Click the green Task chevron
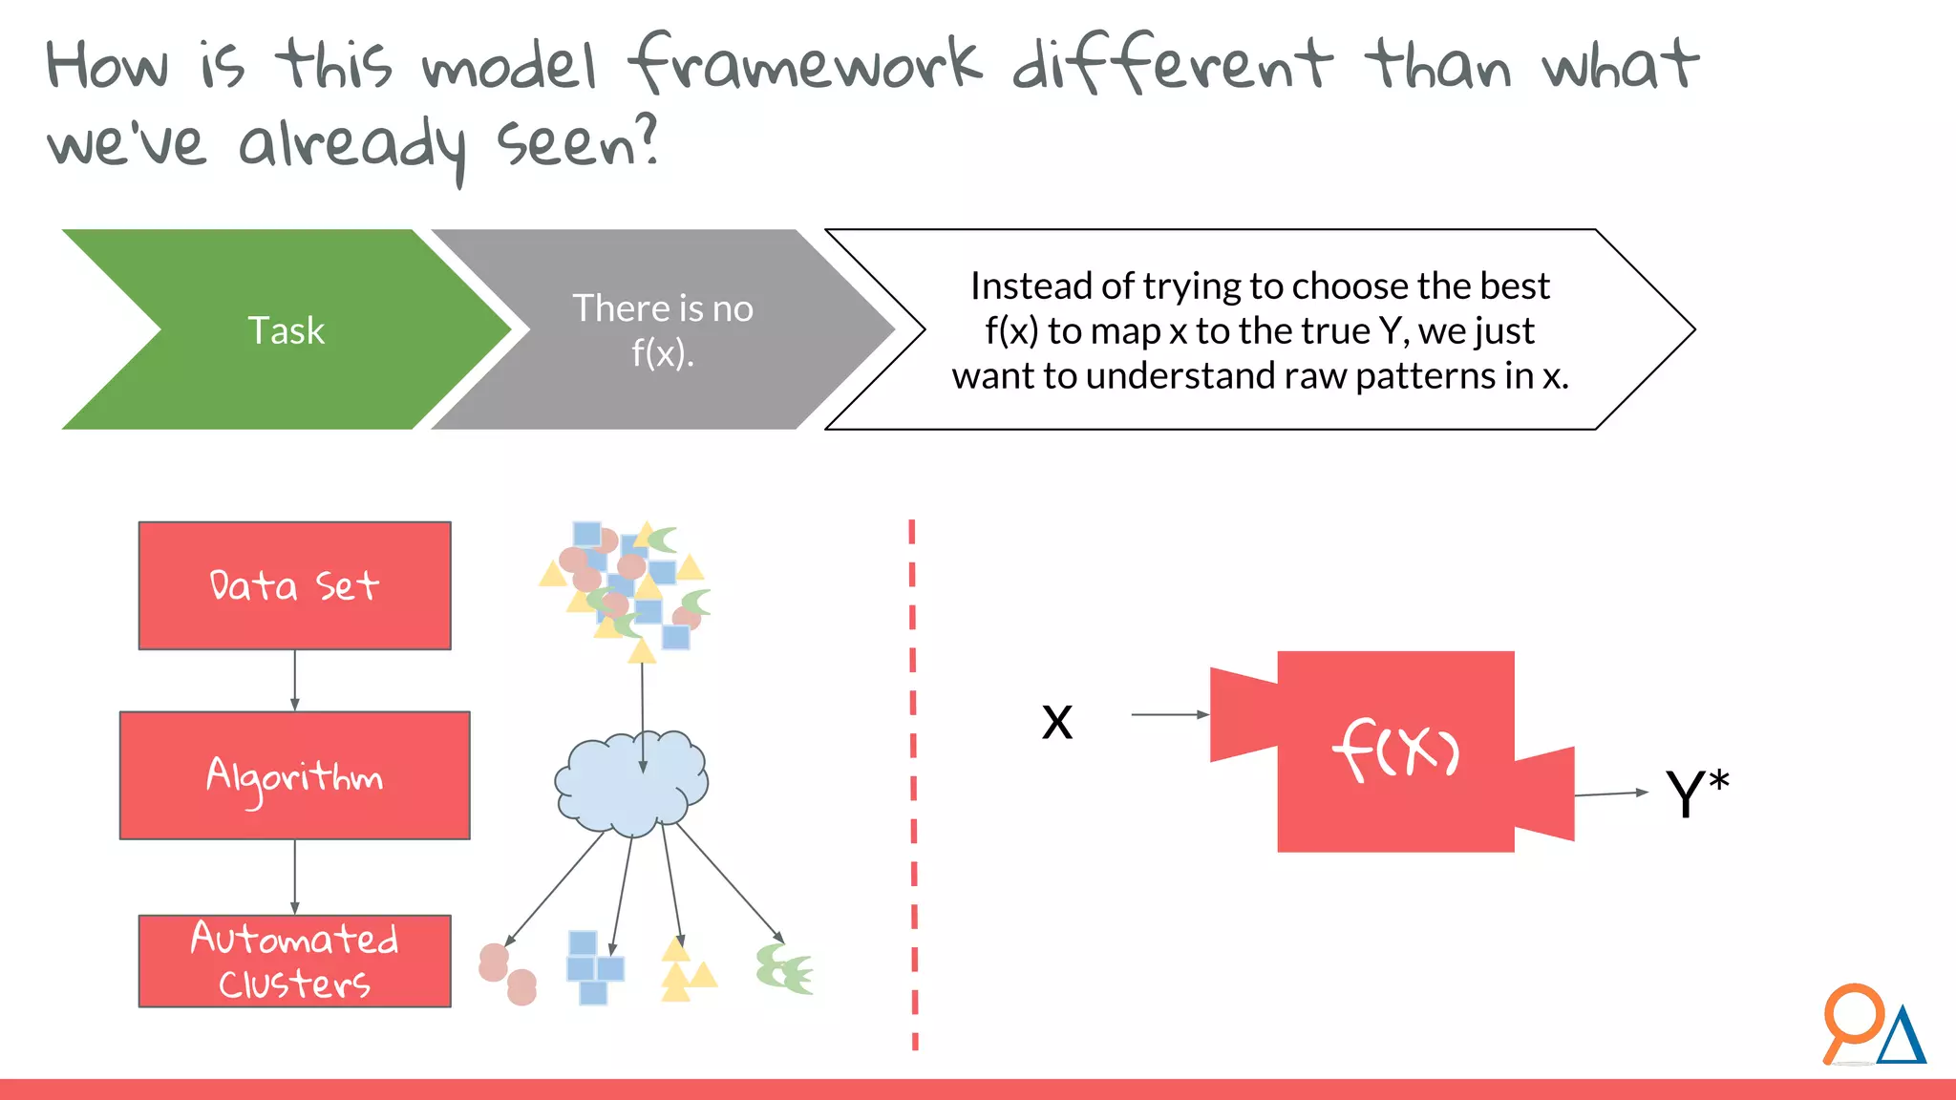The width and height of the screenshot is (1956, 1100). coord(287,329)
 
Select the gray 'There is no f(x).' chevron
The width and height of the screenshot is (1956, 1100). coord(662,329)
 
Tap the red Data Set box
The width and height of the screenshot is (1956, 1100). coord(294,585)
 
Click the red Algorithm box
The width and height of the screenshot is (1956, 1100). coord(294,775)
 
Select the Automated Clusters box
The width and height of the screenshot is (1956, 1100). coord(294,961)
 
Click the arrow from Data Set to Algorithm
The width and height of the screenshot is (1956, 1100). coord(294,680)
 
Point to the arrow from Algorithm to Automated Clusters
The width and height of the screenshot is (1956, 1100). coord(294,877)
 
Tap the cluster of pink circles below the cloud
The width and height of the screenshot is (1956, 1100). coord(507,974)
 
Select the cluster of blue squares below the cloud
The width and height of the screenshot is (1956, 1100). coord(593,967)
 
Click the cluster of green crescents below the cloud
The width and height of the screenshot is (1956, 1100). coord(784,969)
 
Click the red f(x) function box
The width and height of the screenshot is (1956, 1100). coord(1395,751)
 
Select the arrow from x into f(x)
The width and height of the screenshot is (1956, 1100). coord(1169,713)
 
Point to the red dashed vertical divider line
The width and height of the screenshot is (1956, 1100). coord(913,783)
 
